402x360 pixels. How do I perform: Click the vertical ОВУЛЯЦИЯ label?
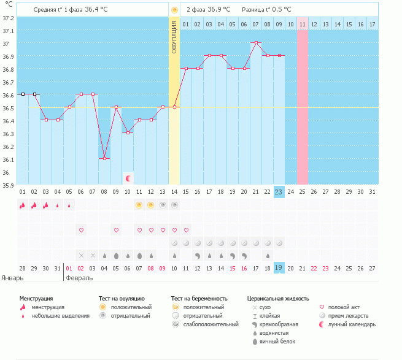[174, 37]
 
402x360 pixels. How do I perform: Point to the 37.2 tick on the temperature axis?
[7, 17]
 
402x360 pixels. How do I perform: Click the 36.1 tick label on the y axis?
[7, 159]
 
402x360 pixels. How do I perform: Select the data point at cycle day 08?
[104, 159]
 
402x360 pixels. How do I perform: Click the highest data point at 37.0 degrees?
[256, 43]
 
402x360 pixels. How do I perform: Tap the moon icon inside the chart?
[128, 178]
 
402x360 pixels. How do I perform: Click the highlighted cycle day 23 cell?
[279, 191]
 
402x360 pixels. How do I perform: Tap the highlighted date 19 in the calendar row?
[279, 268]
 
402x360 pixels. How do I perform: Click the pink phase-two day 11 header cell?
[302, 24]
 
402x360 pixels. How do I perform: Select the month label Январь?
[12, 278]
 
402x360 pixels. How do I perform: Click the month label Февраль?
[80, 278]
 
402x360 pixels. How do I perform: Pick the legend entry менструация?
[47, 307]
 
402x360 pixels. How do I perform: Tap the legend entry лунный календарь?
[352, 324]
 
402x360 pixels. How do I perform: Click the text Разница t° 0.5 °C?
[266, 10]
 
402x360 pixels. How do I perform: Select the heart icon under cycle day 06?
[81, 230]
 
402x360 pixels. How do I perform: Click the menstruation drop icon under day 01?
[23, 205]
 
